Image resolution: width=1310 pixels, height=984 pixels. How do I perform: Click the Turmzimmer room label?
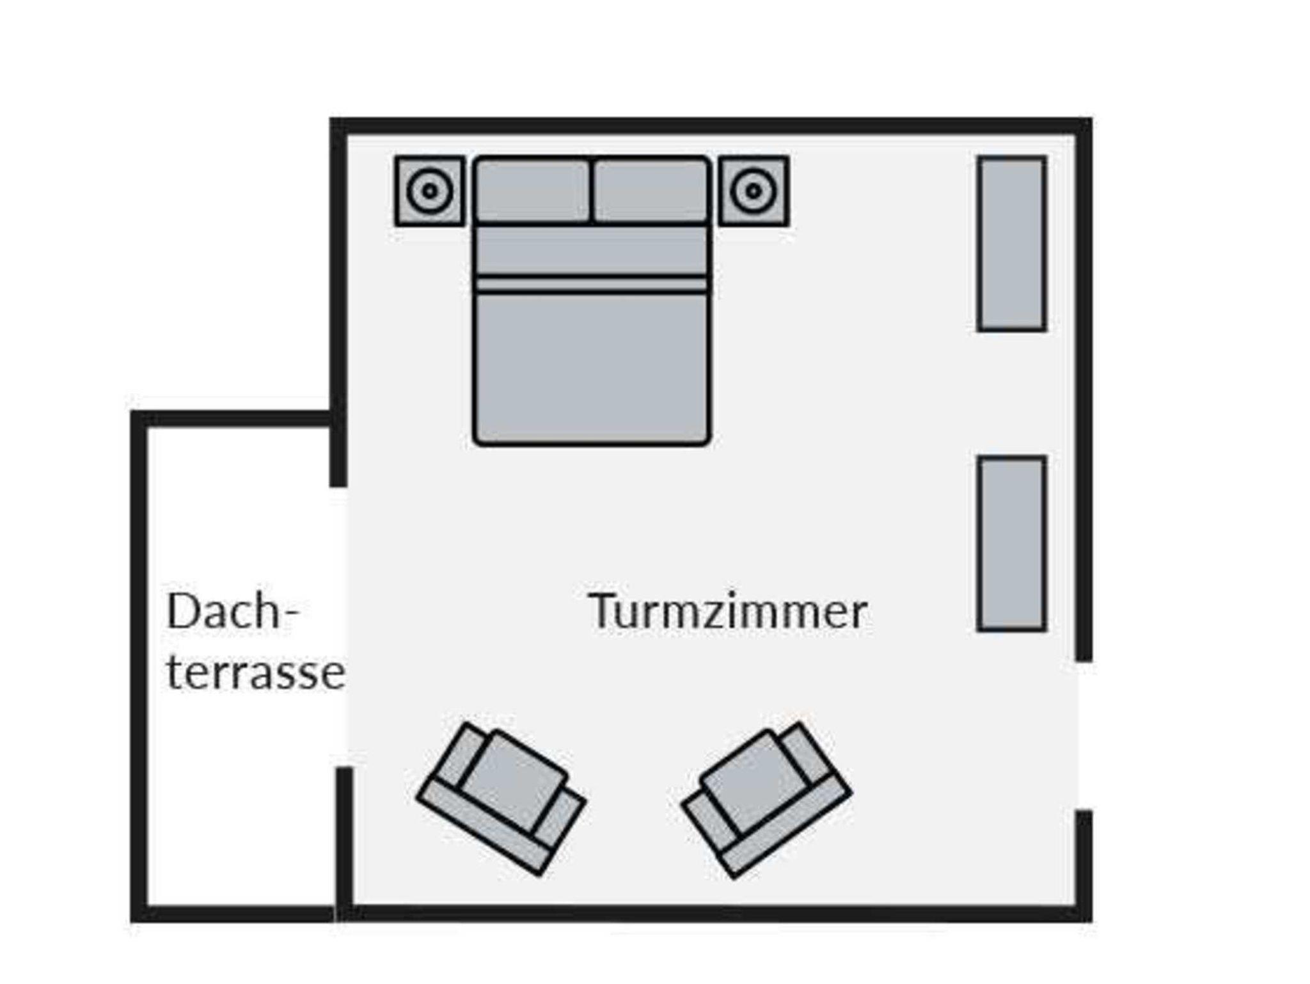727,612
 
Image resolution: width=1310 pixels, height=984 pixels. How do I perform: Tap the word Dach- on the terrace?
232,612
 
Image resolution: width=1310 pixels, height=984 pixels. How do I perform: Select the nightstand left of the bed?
430,191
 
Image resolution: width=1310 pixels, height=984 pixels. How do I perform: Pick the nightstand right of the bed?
754,191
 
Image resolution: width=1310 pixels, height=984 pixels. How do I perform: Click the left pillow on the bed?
532,191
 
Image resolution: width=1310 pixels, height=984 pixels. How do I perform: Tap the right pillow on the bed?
651,191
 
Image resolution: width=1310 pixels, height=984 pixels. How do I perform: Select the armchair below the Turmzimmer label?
766,798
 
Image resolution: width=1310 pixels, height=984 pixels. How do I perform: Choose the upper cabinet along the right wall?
1011,244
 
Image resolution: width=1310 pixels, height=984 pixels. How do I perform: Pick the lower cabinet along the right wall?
1011,543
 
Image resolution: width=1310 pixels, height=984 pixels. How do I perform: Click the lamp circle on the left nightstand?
430,191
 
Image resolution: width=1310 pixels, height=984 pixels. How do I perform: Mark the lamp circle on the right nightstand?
754,191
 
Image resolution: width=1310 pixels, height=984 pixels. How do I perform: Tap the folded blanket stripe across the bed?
592,284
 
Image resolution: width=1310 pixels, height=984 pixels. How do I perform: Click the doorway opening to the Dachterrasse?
339,627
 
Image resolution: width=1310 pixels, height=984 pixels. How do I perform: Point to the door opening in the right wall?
1083,736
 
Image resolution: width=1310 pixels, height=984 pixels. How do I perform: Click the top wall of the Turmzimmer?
710,126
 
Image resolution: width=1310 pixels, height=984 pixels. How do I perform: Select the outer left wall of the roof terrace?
139,665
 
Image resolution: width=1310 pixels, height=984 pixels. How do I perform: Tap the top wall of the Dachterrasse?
233,418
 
